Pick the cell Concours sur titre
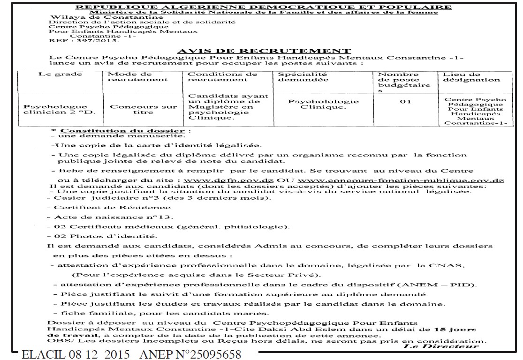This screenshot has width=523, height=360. [x=137, y=110]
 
